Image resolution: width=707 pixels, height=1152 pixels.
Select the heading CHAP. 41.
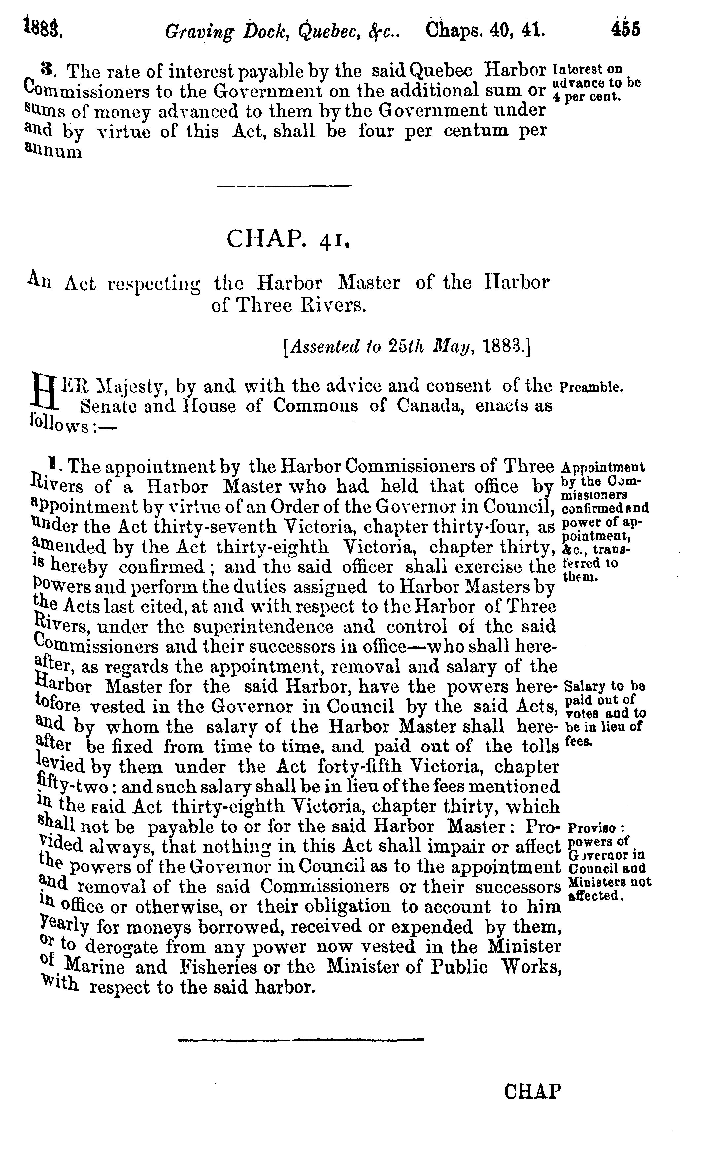pyautogui.click(x=288, y=239)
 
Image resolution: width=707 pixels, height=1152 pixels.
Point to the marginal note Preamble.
pyautogui.click(x=591, y=388)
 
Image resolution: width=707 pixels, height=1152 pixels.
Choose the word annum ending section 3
pyautogui.click(x=53, y=152)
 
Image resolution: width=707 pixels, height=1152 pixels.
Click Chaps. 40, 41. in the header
pyautogui.click(x=485, y=30)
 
